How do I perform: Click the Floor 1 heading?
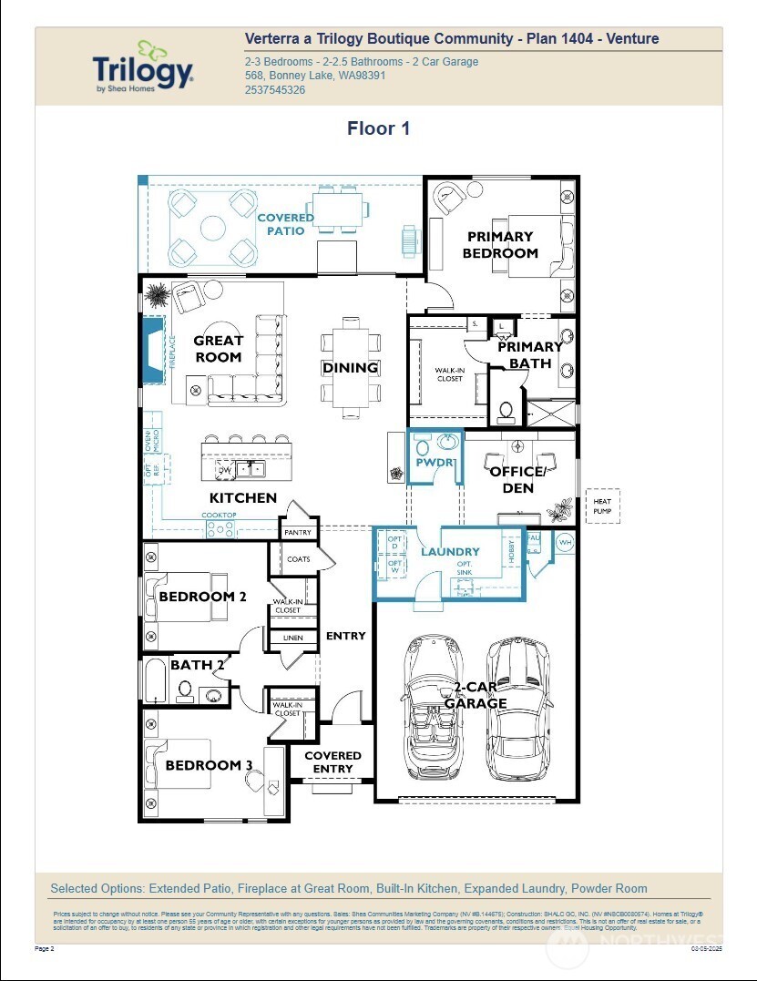378,128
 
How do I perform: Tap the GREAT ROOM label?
218,349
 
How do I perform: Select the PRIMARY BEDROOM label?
500,245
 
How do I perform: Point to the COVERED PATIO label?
285,224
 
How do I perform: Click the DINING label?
350,368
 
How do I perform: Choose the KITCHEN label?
242,498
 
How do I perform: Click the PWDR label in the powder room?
434,463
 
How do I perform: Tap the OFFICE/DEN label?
517,480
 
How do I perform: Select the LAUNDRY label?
450,552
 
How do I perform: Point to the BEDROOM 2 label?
202,597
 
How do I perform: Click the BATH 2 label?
197,666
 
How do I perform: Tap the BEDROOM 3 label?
209,765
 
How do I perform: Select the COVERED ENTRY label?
332,762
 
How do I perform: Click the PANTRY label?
298,533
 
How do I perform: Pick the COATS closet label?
298,559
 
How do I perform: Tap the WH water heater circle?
564,542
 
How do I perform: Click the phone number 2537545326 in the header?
275,90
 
